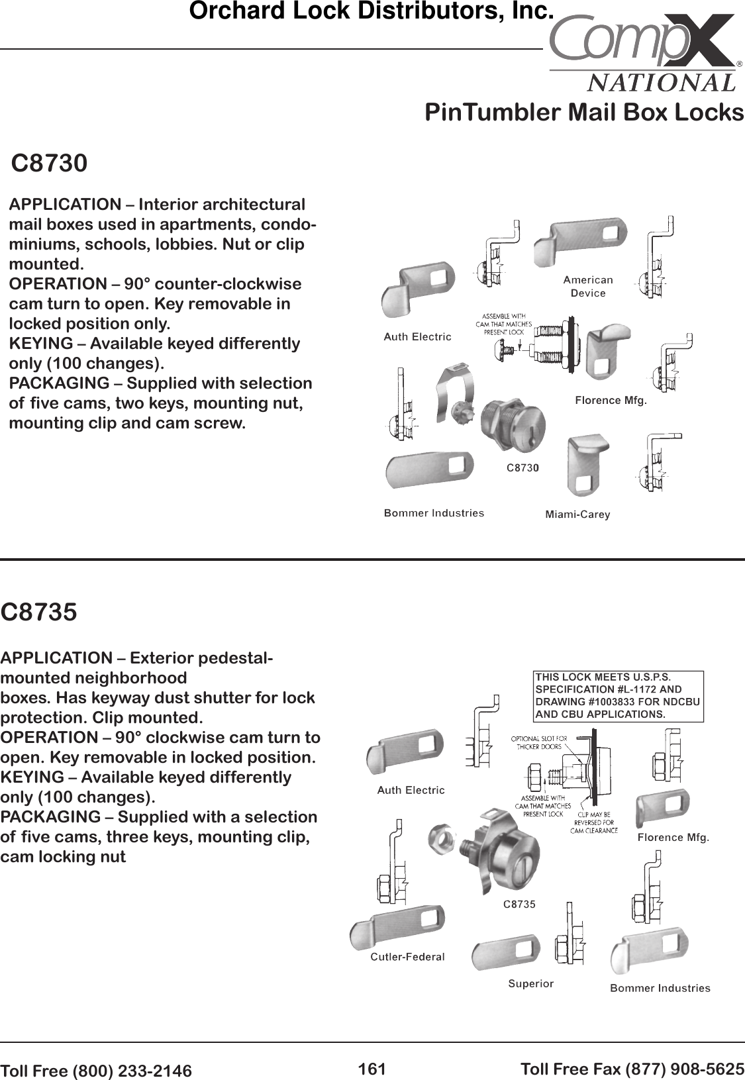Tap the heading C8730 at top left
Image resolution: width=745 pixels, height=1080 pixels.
click(50, 163)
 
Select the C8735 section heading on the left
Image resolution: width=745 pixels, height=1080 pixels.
click(39, 612)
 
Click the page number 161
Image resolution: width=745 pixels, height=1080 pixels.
click(372, 1069)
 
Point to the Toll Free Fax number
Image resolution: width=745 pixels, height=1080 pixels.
click(632, 1069)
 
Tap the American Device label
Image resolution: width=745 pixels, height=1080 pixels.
click(588, 286)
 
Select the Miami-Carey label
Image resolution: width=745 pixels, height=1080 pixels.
click(577, 515)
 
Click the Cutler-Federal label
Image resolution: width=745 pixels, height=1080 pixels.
click(407, 957)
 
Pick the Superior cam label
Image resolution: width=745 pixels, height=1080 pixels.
click(530, 983)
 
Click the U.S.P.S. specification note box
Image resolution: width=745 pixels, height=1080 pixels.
click(618, 696)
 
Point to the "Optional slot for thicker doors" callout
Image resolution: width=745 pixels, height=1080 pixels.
click(538, 742)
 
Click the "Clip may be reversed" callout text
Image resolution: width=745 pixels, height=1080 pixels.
click(593, 822)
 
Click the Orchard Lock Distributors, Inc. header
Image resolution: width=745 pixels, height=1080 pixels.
click(371, 11)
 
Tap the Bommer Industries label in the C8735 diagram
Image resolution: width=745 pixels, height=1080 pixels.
click(660, 988)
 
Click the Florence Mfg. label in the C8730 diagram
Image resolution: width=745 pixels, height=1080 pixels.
click(610, 401)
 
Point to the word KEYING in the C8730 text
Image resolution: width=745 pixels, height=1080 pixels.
click(40, 344)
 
